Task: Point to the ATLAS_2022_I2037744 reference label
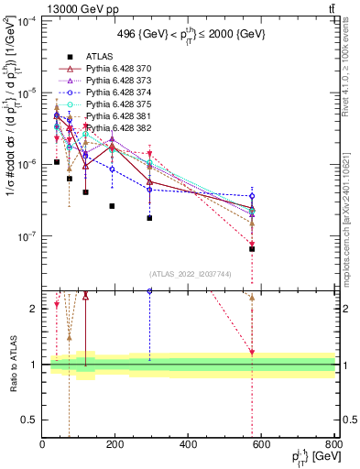(190, 274)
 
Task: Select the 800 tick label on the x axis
(333, 444)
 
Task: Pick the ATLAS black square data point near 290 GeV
(149, 218)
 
